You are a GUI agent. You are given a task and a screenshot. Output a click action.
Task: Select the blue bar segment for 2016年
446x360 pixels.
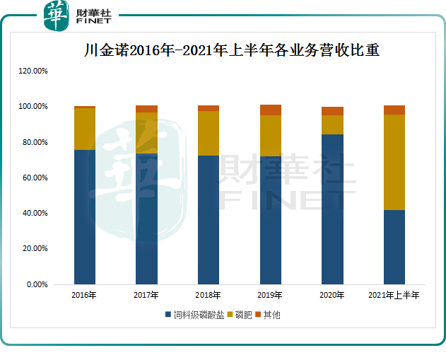[85, 216]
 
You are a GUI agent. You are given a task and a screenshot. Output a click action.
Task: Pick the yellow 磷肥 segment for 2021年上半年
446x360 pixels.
[394, 162]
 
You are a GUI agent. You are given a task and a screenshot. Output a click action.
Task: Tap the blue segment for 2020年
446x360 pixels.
[332, 209]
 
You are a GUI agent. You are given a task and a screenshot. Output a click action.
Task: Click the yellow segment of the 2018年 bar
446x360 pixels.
[209, 133]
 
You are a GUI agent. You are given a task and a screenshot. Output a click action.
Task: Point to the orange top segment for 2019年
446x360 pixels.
[271, 110]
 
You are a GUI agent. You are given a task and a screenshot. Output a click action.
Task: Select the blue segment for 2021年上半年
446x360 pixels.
[394, 247]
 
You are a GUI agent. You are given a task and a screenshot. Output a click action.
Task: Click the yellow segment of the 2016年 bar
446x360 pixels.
[85, 129]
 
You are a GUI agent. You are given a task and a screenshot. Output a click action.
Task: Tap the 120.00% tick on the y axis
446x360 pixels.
[33, 71]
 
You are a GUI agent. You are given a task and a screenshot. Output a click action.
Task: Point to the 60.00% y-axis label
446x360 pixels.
[34, 178]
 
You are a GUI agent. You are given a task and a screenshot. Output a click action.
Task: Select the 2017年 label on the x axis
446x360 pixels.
[146, 295]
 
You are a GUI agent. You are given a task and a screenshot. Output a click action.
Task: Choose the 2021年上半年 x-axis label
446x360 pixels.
[394, 295]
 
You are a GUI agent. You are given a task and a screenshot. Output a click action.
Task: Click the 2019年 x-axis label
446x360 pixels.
[271, 295]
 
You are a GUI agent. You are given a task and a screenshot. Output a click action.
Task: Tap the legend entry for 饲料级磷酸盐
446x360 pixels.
[195, 314]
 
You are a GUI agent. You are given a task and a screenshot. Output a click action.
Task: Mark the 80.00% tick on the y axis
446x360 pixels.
[34, 142]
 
